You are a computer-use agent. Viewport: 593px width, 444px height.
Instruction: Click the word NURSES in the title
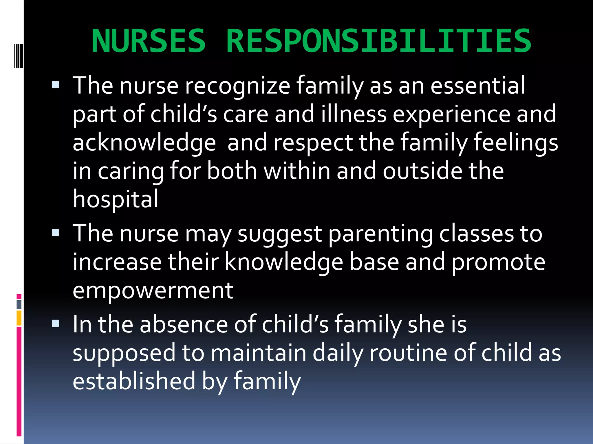149,41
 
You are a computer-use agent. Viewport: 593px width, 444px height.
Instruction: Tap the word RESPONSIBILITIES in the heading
378,41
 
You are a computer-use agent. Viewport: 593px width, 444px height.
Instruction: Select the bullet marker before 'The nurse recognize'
56,85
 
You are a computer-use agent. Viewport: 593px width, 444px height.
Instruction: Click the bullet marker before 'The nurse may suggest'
56,233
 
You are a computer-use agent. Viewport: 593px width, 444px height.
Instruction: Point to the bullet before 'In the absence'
56,323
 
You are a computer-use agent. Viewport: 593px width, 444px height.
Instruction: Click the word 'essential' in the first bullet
478,86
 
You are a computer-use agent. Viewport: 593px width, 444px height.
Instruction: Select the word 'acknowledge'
144,143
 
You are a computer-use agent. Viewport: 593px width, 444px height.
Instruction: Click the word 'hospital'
116,199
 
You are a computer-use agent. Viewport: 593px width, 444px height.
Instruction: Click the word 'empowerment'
153,291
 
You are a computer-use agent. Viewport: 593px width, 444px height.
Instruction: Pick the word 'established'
134,381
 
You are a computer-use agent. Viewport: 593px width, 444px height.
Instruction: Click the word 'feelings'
516,143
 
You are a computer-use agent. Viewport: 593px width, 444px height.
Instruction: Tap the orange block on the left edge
19,318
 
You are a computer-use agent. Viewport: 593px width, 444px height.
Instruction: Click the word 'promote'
498,262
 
